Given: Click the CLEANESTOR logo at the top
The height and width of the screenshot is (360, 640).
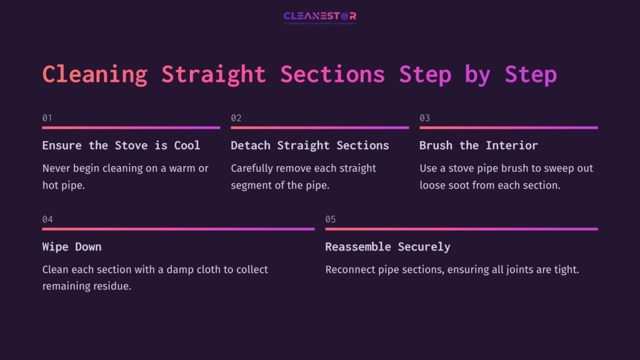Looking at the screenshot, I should tap(319, 16).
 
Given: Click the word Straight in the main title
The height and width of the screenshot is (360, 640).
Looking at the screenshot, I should tap(214, 74).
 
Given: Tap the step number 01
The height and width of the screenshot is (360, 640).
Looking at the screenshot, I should tap(47, 117).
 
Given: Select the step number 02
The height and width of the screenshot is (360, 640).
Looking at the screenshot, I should tap(236, 117).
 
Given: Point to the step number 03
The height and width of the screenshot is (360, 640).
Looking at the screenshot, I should tap(424, 117).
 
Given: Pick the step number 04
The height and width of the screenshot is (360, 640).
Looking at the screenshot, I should tap(47, 219).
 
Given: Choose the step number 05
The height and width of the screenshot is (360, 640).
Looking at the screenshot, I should tap(331, 219).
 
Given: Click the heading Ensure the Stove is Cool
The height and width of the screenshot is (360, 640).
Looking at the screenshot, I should tap(121, 146).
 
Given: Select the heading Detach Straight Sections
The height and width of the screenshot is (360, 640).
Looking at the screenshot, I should tap(310, 146).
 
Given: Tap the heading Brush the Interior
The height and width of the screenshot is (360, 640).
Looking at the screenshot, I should tap(478, 146).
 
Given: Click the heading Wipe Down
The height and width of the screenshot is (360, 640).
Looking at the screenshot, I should tap(72, 247).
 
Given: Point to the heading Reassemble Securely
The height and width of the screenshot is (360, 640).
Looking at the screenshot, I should tap(387, 247).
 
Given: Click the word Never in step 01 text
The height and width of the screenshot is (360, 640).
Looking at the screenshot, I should tap(57, 168).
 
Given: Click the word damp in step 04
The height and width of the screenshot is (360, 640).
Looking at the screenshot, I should tap(183, 269).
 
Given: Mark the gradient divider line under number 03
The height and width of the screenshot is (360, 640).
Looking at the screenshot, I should tap(508, 127).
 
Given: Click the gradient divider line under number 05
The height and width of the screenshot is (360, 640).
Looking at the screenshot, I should tap(461, 229).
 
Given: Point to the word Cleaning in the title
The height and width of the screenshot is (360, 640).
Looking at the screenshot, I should tap(94, 74).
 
